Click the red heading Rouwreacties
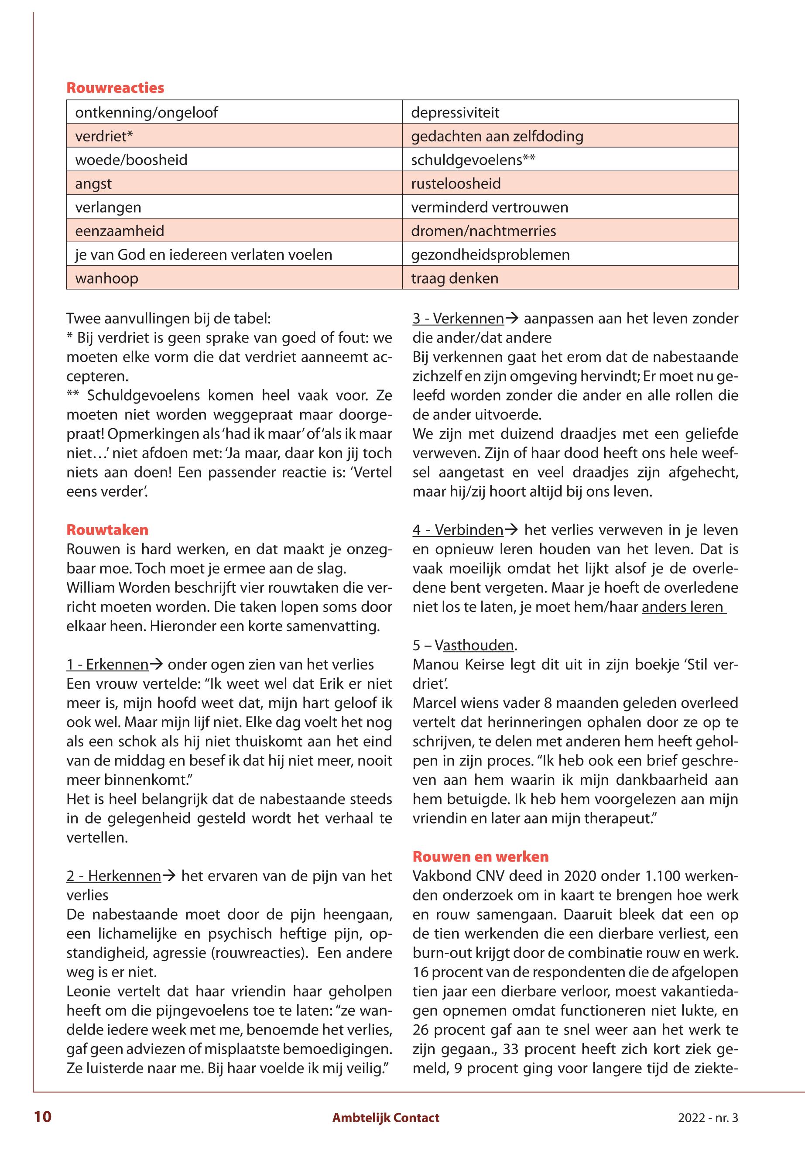[115, 88]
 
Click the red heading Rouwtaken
[107, 530]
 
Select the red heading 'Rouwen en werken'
[480, 856]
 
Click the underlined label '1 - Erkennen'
[107, 664]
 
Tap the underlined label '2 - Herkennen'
[113, 876]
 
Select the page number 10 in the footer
[43, 1117]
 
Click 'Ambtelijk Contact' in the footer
[385, 1118]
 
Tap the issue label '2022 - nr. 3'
[707, 1118]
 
